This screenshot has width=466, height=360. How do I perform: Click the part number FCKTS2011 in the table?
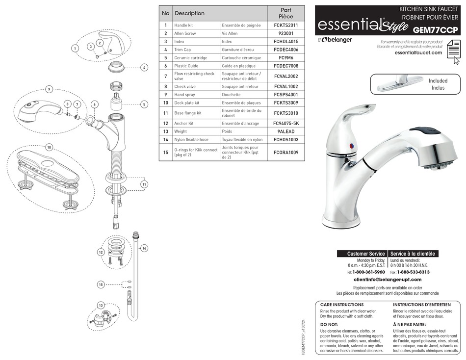coord(285,25)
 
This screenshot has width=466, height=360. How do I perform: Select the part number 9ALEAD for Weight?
coord(285,131)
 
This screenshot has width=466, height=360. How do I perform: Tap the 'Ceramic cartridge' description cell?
coord(190,58)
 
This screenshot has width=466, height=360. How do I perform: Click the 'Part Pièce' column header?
coord(285,13)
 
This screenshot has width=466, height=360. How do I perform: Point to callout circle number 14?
coord(144,249)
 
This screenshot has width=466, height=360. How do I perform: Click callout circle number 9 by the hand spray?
coord(49,89)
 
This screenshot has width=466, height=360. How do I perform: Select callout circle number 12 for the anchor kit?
coord(101,252)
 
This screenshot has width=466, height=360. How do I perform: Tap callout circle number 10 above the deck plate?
coord(49,147)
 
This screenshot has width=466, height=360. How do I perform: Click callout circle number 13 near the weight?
coord(101,305)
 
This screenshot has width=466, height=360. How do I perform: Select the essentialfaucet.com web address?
coord(418,52)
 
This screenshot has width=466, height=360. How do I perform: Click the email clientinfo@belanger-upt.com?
coord(388,280)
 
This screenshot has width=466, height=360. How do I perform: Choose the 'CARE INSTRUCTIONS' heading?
coord(342,305)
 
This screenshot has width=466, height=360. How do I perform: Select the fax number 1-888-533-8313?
coord(413,272)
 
